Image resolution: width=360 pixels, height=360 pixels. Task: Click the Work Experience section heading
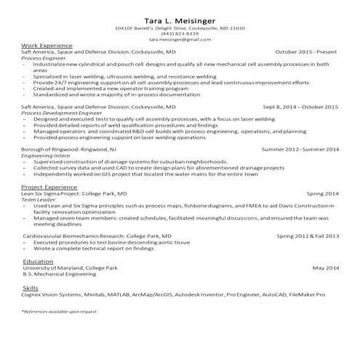pyautogui.click(x=47, y=46)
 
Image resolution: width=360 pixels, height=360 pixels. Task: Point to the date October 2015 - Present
pyautogui.click(x=307, y=52)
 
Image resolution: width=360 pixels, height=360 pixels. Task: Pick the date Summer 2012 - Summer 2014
pyautogui.click(x=300, y=148)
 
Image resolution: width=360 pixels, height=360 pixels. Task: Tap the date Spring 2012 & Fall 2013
pyautogui.click(x=308, y=236)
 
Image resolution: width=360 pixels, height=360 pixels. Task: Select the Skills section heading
pyautogui.click(x=31, y=288)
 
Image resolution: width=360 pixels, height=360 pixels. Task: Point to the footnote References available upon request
pyautogui.click(x=58, y=311)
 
